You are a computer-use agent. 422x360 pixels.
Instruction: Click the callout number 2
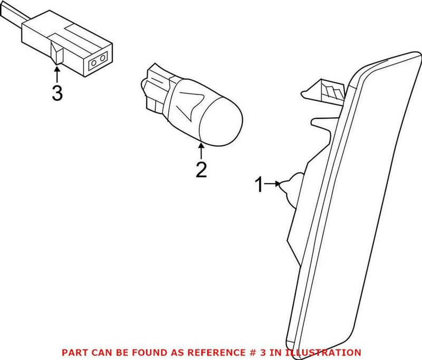[202, 169]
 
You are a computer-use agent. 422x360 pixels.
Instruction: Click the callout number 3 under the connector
[57, 93]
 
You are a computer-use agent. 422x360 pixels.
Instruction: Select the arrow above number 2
[201, 150]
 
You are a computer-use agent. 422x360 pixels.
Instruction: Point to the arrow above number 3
[57, 73]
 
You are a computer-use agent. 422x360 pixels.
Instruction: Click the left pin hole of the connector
[95, 64]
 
